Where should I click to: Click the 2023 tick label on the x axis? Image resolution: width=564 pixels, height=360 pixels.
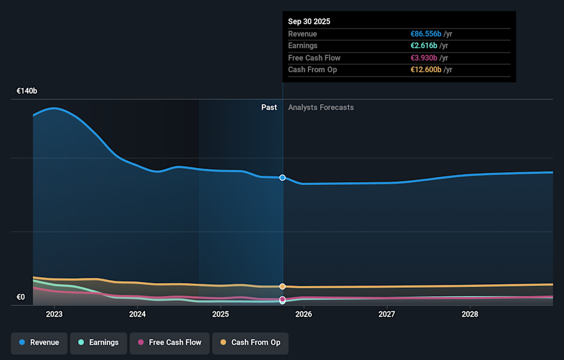54,314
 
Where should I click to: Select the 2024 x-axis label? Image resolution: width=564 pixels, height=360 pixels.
137,314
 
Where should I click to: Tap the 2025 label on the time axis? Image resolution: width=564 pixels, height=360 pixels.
220,314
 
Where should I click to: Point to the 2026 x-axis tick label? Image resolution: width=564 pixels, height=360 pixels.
303,314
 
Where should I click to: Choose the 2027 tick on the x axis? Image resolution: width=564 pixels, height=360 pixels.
387,314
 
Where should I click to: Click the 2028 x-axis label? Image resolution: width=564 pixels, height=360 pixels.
469,314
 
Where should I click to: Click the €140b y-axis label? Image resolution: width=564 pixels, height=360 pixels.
26,91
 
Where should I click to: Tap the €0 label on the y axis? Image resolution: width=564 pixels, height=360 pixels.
21,297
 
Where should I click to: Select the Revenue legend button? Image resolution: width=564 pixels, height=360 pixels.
39,342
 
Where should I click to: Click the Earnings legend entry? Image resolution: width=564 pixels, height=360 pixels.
98,342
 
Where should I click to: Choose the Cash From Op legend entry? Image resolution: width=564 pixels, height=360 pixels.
250,342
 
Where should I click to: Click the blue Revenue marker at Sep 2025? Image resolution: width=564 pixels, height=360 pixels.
283,177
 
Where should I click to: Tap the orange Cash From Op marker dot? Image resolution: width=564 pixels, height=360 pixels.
283,287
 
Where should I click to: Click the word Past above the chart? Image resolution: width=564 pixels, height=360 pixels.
269,107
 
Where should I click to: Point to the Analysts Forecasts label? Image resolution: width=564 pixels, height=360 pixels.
321,107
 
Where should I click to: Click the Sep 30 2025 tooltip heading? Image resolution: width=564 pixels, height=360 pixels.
309,21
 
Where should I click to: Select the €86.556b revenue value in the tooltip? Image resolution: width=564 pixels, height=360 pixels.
425,34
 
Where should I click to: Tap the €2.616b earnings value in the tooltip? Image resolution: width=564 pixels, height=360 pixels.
423,46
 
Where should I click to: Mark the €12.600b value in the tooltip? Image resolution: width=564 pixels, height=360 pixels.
425,70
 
